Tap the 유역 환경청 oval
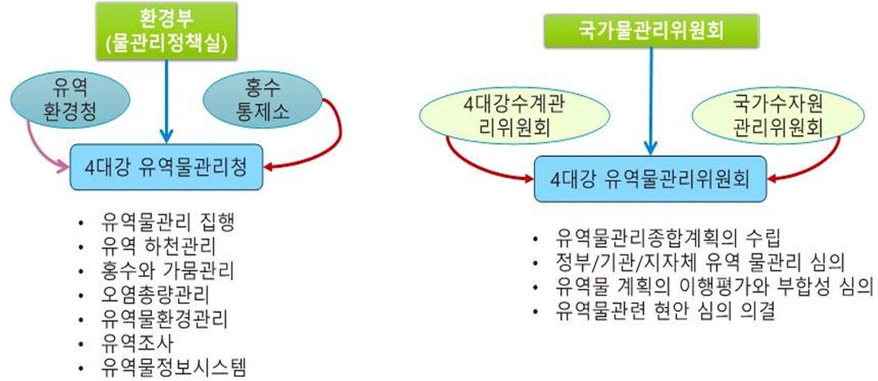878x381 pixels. point(67,99)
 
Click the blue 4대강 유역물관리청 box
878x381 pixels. point(166,168)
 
